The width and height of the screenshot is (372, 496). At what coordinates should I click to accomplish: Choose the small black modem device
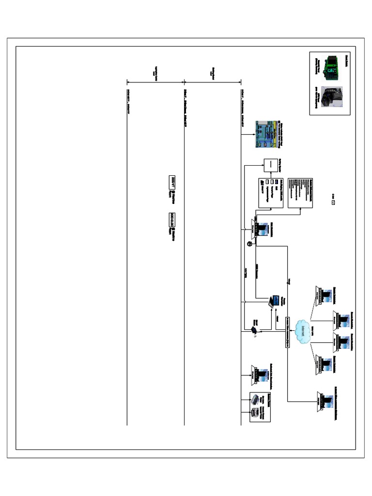(254, 331)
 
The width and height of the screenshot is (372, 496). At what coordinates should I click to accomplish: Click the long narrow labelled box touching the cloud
(288, 330)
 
